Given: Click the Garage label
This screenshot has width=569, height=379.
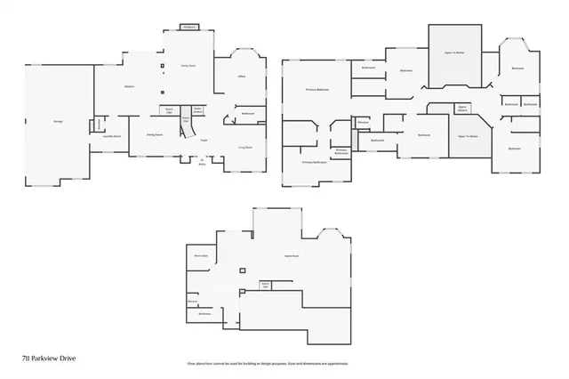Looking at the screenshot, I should pyautogui.click(x=33, y=122).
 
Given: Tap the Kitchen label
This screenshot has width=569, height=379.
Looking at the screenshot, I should pyautogui.click(x=128, y=86).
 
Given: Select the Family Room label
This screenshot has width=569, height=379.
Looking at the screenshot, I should pyautogui.click(x=188, y=66).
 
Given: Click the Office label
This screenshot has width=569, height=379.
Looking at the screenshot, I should pyautogui.click(x=241, y=77).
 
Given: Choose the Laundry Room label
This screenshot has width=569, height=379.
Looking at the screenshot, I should pyautogui.click(x=112, y=136).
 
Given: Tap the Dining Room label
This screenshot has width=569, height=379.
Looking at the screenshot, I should pyautogui.click(x=154, y=134).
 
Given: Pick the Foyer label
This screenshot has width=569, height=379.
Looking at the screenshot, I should pyautogui.click(x=204, y=140).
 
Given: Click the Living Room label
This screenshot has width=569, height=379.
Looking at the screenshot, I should pyautogui.click(x=244, y=147).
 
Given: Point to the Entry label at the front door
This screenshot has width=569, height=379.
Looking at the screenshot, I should pyautogui.click(x=202, y=165).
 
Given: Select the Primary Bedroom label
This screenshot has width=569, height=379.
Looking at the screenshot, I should pyautogui.click(x=317, y=90).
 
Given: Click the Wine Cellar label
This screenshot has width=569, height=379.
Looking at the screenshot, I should pyautogui.click(x=200, y=256).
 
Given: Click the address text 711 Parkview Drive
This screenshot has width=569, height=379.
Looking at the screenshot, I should pyautogui.click(x=45, y=357).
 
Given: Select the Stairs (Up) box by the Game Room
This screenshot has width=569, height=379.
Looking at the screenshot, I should pyautogui.click(x=265, y=286).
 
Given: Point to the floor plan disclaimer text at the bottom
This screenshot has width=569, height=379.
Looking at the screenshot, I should pyautogui.click(x=267, y=364).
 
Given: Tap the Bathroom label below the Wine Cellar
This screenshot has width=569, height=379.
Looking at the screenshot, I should pyautogui.click(x=204, y=313).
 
